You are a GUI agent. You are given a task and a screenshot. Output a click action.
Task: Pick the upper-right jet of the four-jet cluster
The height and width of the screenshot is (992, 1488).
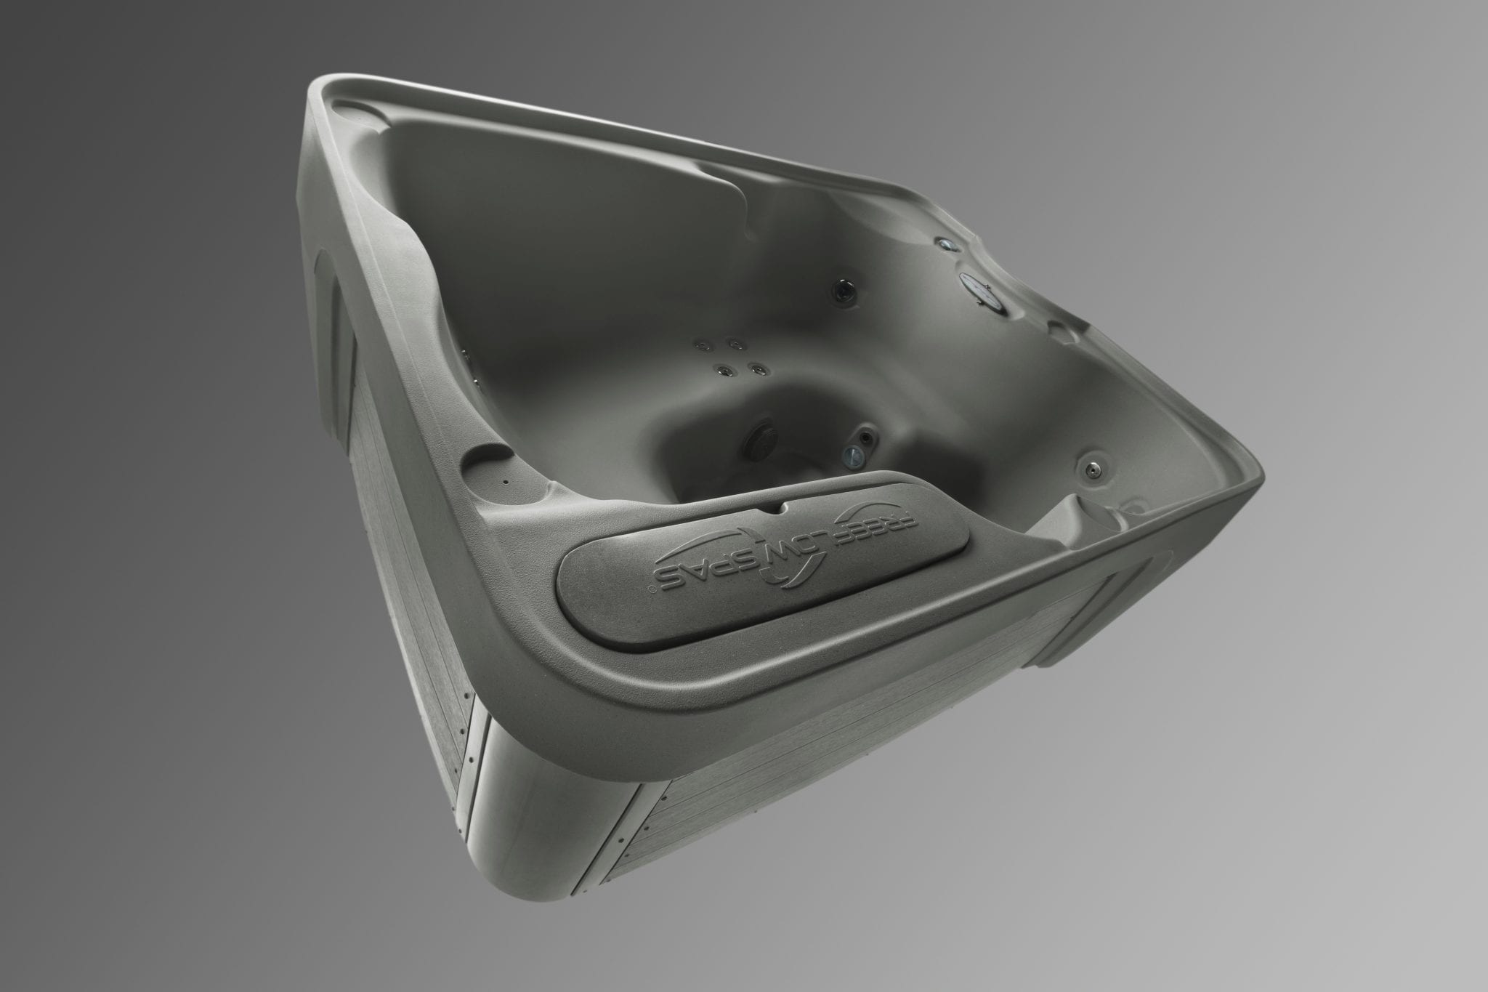click(x=735, y=344)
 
